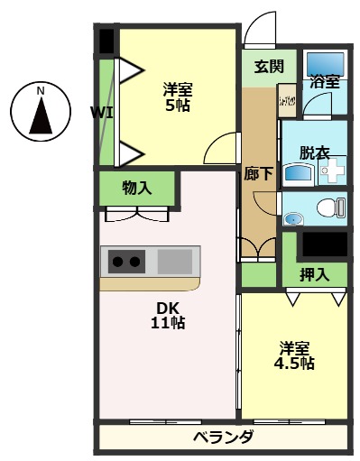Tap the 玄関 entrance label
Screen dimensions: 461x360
pos(269,66)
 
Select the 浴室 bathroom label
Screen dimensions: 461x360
pos(325,81)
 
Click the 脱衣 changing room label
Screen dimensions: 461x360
pos(316,152)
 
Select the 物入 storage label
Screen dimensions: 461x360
pos(137,189)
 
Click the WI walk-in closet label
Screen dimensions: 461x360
pos(100,112)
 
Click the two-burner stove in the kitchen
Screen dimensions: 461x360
pos(126,263)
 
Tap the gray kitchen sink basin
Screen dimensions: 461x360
pos(174,263)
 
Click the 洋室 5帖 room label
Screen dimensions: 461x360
pos(178,97)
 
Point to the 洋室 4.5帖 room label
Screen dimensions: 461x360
pos(294,355)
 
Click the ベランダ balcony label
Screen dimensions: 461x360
pos(223,438)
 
